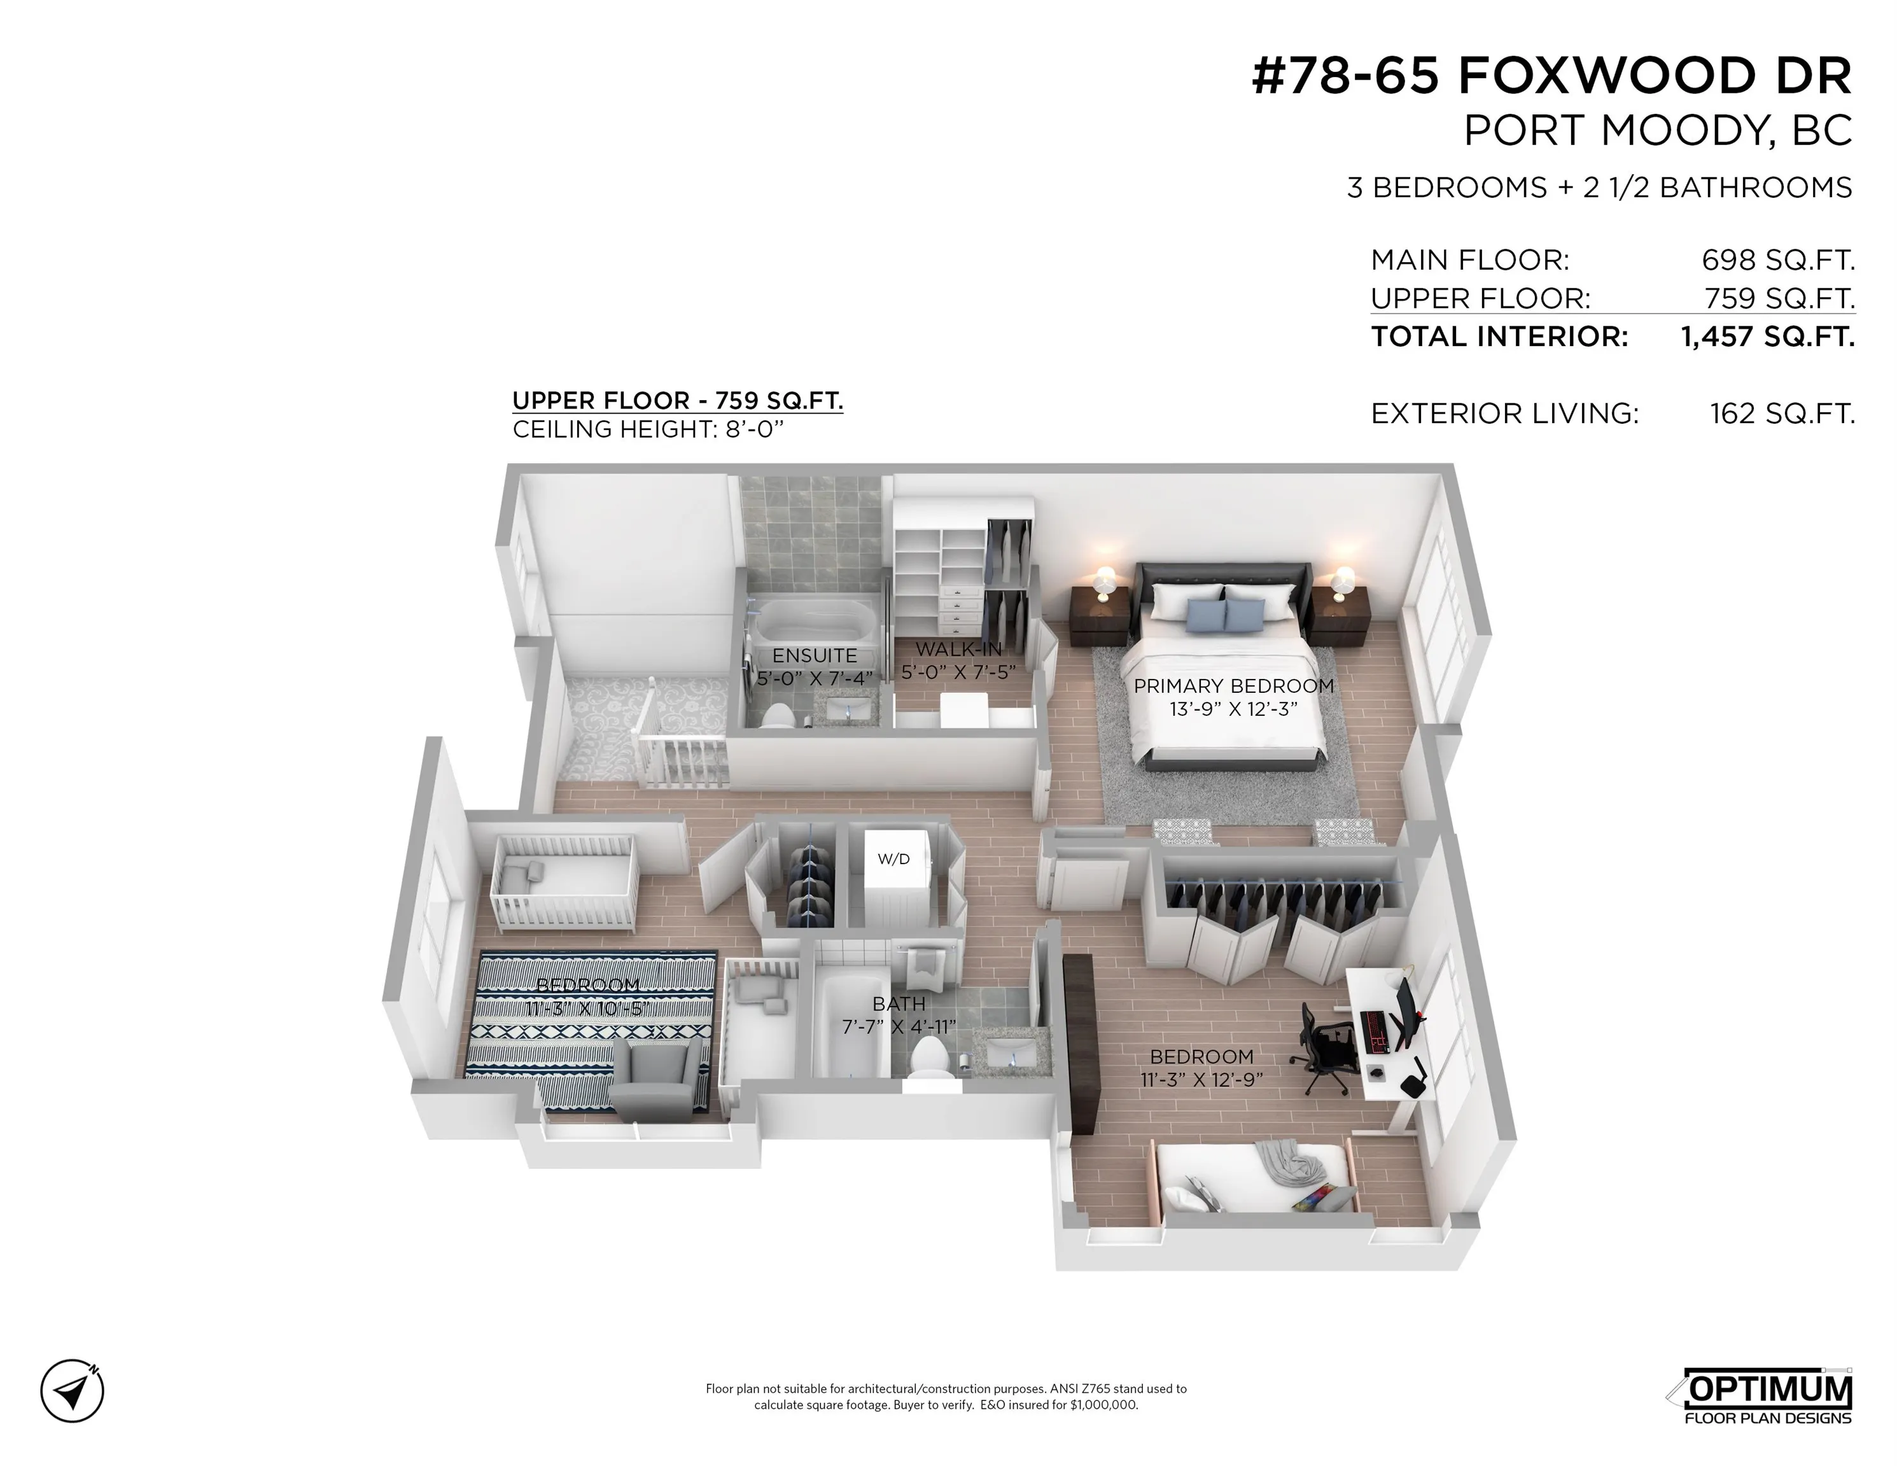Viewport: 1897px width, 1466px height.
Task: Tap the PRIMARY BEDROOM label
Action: point(1233,686)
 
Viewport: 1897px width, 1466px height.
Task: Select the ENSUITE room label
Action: point(814,656)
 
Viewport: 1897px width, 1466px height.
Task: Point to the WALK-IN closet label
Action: point(958,649)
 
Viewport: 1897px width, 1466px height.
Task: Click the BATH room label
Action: point(898,1004)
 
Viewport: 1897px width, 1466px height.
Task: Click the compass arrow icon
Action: point(72,1390)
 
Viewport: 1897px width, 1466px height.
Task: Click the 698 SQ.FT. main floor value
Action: point(1777,260)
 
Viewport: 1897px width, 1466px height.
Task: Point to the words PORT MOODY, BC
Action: point(1657,131)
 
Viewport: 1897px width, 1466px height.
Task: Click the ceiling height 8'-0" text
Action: point(647,429)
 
